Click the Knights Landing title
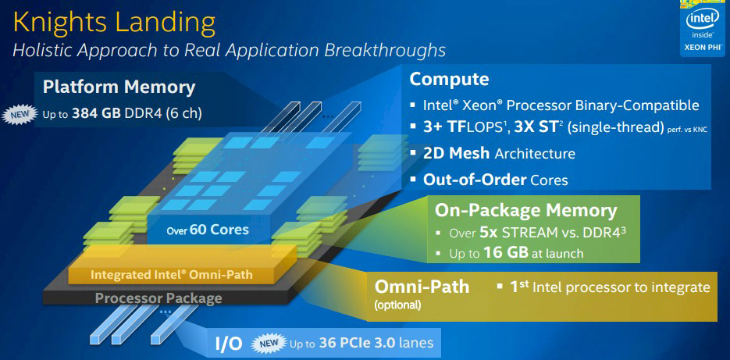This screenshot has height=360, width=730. click(115, 23)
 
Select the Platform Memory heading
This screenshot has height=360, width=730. click(119, 87)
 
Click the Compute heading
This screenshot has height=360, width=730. click(449, 79)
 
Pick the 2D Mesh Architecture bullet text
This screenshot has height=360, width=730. click(499, 154)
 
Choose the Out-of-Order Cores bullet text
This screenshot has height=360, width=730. click(495, 180)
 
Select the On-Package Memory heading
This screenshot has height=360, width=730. click(525, 211)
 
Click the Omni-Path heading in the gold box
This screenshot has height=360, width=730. click(422, 287)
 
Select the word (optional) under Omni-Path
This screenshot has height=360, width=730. click(397, 305)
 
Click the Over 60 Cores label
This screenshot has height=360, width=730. click(208, 230)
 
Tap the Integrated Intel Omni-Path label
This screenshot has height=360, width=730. click(171, 274)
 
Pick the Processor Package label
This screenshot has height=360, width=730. click(158, 298)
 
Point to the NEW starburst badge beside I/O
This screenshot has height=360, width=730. click(269, 344)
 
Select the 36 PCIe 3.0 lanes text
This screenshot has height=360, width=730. click(376, 344)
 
